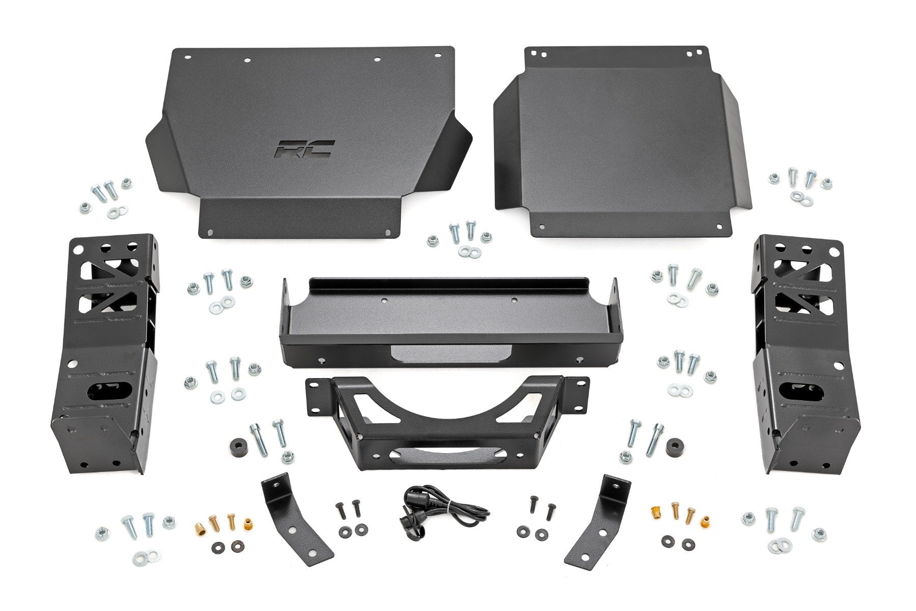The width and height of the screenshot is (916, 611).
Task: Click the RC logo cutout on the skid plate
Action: click(x=304, y=149)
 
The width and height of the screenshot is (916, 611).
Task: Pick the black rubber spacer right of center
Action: click(x=675, y=447)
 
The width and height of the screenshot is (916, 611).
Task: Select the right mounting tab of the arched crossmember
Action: click(x=575, y=392)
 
